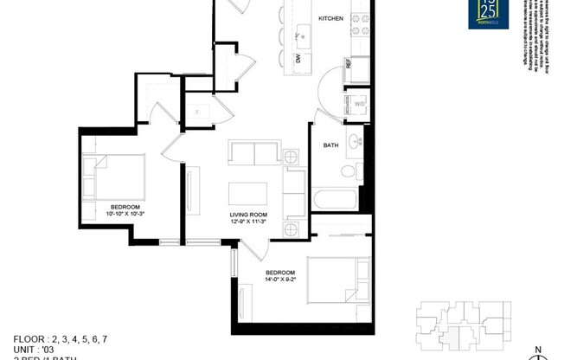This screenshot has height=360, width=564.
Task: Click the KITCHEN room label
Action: click(x=331, y=18)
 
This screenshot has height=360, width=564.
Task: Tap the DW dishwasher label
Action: click(x=297, y=60)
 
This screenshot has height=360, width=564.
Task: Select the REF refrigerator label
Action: click(x=349, y=64)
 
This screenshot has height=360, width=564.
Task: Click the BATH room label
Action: click(x=330, y=145)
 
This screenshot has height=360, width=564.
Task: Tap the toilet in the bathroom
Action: click(x=350, y=169)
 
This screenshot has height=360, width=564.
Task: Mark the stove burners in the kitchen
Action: click(x=358, y=29)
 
